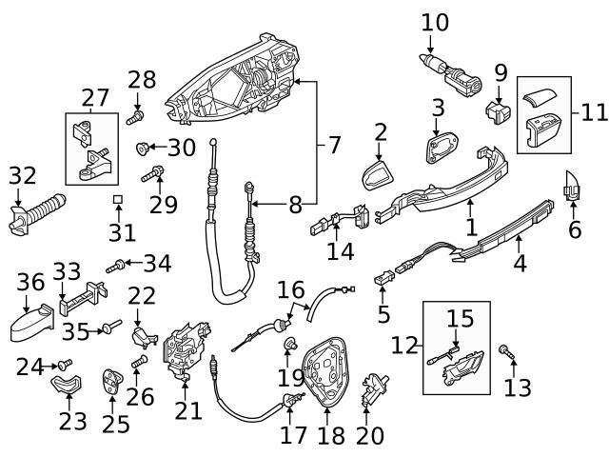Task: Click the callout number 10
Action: (x=434, y=20)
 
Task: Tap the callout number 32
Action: (x=22, y=175)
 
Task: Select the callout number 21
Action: (x=188, y=410)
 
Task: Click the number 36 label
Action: (x=30, y=283)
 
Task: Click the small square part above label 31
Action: (x=118, y=200)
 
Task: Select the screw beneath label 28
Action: (x=134, y=118)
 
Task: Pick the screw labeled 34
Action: (x=116, y=267)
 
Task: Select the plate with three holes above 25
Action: (x=113, y=382)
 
